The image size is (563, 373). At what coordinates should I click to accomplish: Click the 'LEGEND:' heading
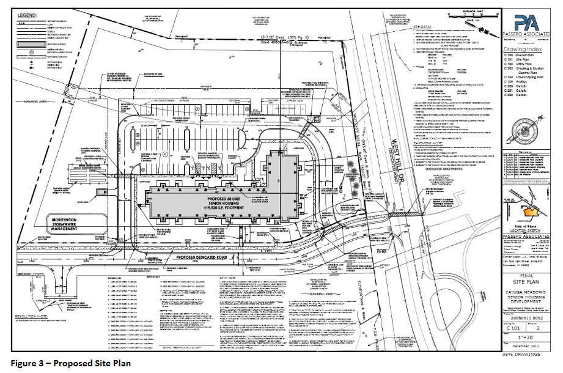coord(27,14)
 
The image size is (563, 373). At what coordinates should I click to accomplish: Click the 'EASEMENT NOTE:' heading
coord(428,139)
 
